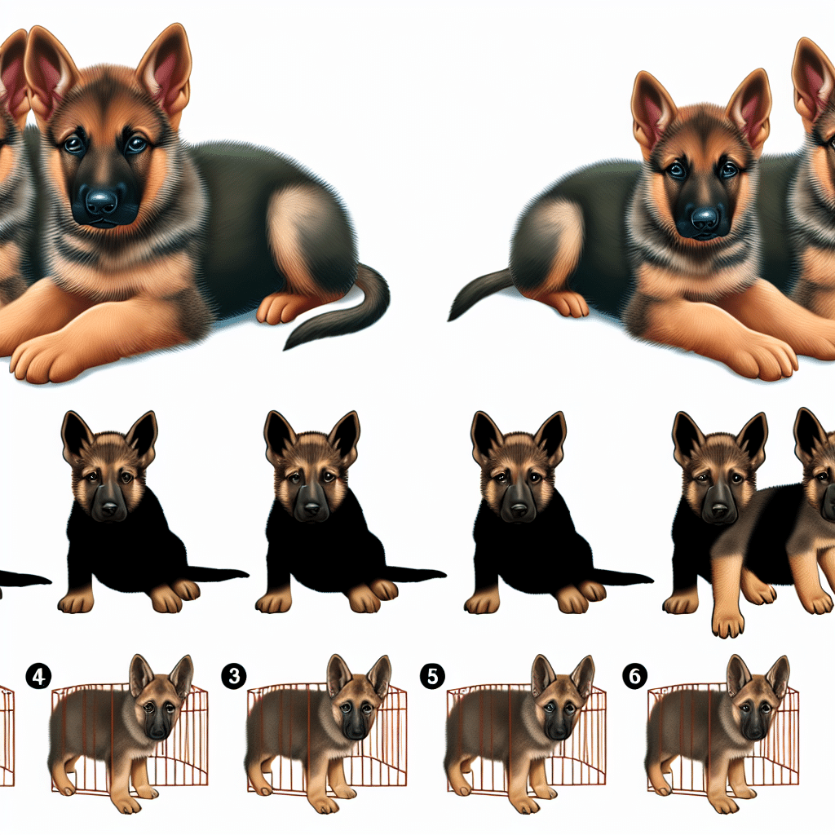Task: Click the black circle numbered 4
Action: point(38,676)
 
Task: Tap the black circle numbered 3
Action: point(234,676)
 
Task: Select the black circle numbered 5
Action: point(432,676)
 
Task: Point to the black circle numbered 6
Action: point(634,676)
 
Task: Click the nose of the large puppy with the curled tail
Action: point(101,203)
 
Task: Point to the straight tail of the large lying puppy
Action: point(479,293)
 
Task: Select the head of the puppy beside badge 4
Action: point(161,695)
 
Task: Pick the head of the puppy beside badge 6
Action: point(758,695)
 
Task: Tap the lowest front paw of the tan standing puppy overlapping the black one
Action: point(727,623)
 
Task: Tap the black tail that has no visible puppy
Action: point(24,579)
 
